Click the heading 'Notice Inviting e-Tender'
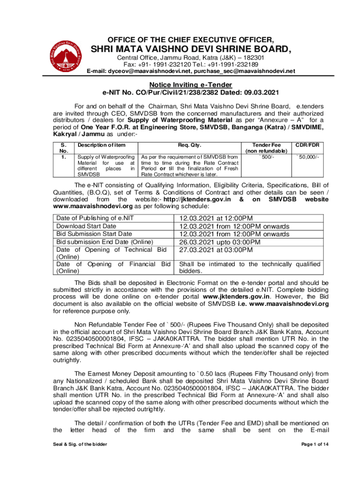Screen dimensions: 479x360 pos(190,85)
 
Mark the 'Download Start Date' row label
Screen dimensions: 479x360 pos(86,226)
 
